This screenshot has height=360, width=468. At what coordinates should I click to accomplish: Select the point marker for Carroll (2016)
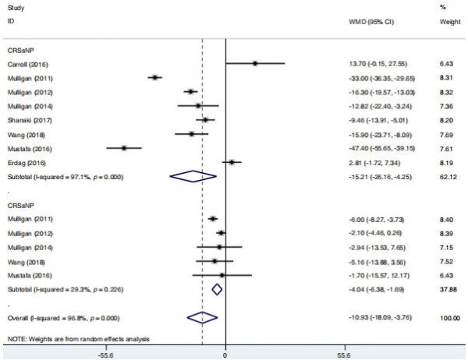point(254,63)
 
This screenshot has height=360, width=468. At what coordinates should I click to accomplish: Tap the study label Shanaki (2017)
point(25,120)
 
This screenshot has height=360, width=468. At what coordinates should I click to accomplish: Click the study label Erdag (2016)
point(23,163)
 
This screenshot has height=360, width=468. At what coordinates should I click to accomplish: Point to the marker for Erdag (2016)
point(232,162)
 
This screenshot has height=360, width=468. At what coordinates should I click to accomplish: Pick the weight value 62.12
point(447,177)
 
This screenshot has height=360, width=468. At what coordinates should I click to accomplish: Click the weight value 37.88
point(447,289)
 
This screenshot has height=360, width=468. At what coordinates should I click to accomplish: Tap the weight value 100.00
point(445,317)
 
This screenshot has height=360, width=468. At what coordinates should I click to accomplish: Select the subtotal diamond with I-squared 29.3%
point(218,289)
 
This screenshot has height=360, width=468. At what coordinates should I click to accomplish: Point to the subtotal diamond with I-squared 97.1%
point(193,177)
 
